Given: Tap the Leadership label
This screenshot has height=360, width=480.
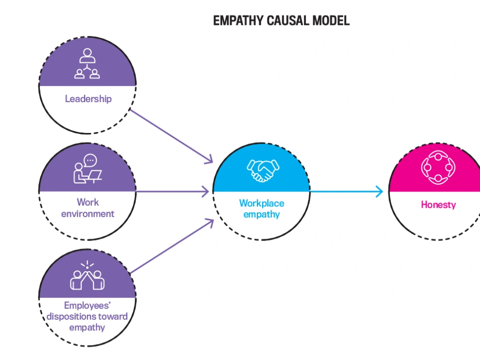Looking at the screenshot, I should pos(88,99).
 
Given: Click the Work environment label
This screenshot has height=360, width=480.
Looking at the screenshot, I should pos(88,208).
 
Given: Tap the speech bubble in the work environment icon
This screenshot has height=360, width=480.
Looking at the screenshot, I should pos(90,160).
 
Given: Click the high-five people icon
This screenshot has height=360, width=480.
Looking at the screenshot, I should pos(87,277).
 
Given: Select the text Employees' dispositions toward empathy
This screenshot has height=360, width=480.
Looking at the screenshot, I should pos(87,316).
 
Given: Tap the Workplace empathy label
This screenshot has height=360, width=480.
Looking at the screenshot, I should pos(262,209).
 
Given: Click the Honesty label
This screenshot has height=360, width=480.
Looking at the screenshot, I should pos(438,204).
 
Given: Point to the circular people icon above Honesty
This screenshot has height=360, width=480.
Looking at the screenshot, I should pos(437,168).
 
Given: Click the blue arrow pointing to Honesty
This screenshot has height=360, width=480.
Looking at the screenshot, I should pos(346,192).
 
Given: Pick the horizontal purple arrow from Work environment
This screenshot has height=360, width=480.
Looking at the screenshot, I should pos(173,192).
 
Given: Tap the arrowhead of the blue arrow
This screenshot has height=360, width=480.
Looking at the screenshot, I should pos(380,192).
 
